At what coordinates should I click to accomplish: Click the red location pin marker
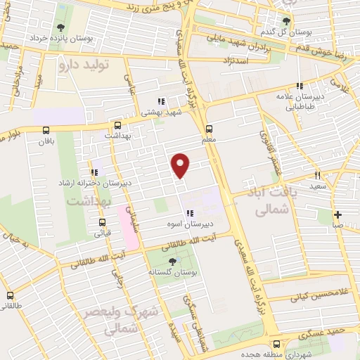click(x=181, y=165)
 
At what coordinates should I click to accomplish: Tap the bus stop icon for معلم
click(x=209, y=129)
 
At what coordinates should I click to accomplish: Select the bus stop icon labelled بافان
click(x=46, y=130)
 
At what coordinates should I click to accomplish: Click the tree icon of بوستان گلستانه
click(x=173, y=262)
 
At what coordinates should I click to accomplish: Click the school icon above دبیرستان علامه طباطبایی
click(x=300, y=86)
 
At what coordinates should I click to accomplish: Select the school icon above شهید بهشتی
click(x=161, y=101)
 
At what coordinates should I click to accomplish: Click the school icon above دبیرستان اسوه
click(x=189, y=214)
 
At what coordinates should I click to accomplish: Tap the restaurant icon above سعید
click(x=317, y=175)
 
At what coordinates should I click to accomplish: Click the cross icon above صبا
click(x=338, y=214)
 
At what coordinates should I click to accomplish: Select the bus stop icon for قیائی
click(x=102, y=226)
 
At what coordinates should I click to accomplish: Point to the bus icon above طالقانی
click(x=10, y=295)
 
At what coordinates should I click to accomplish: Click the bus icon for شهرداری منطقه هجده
click(x=276, y=344)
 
